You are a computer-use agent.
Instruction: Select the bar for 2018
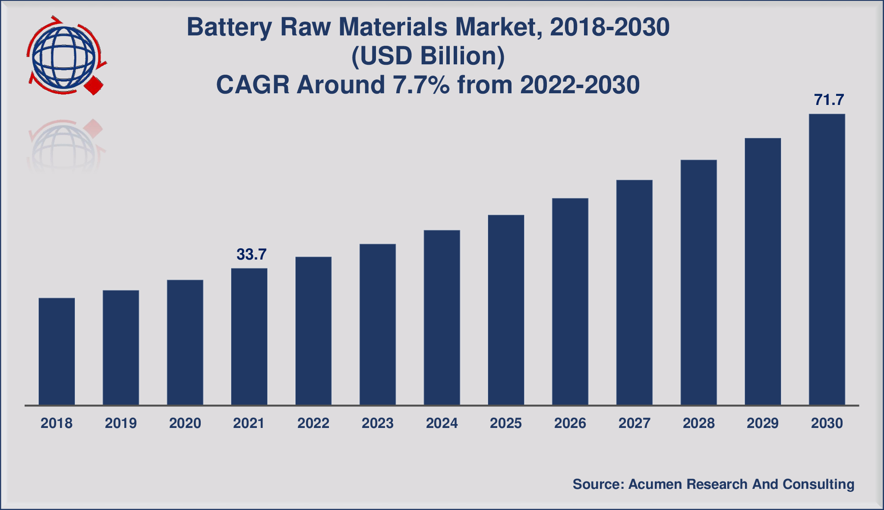[x=57, y=352]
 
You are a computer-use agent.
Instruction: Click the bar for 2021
[x=249, y=337]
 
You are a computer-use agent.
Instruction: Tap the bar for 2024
[x=442, y=318]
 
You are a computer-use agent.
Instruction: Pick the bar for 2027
[x=635, y=292]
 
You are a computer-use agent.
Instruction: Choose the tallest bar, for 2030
[x=827, y=260]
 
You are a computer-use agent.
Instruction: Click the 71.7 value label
[x=829, y=100]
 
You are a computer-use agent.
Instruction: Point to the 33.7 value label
[x=252, y=254]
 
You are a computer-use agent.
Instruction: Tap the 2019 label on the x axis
[x=121, y=423]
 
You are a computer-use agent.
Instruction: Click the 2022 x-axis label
[x=313, y=423]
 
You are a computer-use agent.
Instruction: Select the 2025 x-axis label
[x=506, y=423]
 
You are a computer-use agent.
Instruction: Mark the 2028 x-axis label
[x=699, y=423]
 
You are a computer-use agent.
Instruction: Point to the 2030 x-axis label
[x=827, y=423]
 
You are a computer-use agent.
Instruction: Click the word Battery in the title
[x=230, y=28]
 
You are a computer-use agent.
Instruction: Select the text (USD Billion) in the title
[x=428, y=57]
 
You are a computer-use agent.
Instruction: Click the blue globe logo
[x=64, y=55]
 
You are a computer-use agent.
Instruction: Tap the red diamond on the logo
[x=94, y=86]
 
